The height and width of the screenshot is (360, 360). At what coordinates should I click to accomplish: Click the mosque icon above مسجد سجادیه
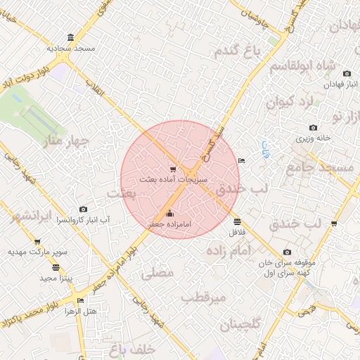coord(70,38)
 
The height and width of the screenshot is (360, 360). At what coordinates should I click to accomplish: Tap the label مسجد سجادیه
coord(70,49)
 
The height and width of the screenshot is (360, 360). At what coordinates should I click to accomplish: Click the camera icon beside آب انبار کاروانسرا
coord(84,209)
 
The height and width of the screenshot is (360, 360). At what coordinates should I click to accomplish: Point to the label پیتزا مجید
coord(56,278)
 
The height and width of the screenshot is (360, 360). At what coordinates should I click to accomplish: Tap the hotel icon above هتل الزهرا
coord(79,300)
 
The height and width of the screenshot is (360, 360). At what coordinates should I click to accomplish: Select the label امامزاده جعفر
coord(169,224)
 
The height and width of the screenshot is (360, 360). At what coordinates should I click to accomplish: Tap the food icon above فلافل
coord(236,221)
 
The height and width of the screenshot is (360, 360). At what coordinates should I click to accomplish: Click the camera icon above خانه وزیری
coord(313,128)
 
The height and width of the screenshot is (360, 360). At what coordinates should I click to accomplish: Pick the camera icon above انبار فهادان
coord(347,74)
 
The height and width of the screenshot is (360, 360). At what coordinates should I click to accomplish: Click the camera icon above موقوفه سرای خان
coord(287,252)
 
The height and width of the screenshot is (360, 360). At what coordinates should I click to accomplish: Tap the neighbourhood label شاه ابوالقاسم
coord(307,68)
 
